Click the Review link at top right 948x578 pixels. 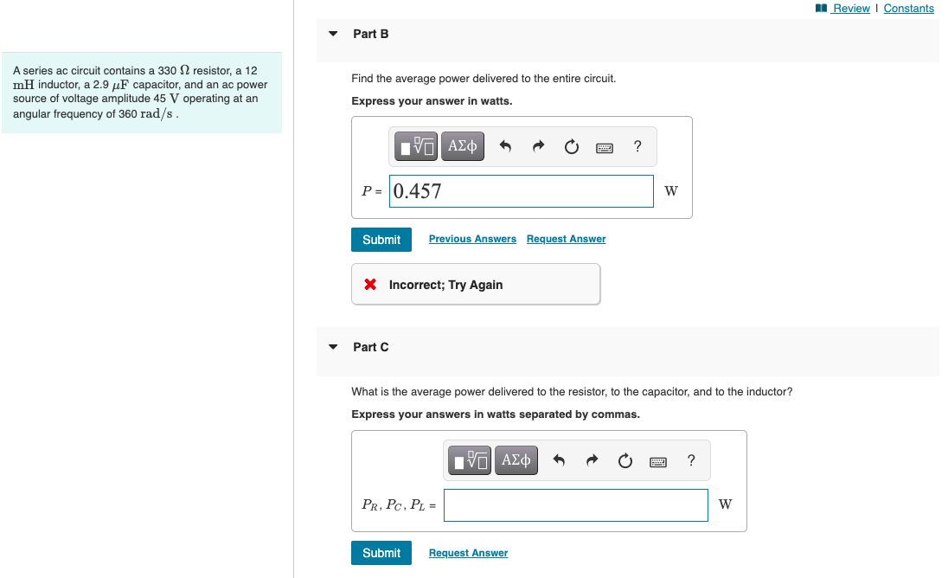pos(851,9)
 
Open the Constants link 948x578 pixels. pos(908,9)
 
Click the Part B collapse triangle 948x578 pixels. pos(333,34)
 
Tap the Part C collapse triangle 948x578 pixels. pos(333,347)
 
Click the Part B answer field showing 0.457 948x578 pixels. pos(522,191)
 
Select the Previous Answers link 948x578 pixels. pos(472,239)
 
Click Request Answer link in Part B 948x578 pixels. pos(566,239)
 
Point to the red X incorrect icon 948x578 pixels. pos(370,285)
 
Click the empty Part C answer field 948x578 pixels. pos(575,505)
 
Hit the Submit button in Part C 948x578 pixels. pos(381,553)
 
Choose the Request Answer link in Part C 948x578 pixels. pos(468,553)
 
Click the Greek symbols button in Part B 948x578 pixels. pos(462,147)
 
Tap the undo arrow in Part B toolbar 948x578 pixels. pos(506,147)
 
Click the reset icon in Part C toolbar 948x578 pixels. pos(625,461)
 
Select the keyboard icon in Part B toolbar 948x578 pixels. pos(605,148)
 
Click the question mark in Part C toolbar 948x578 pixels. pos(690,460)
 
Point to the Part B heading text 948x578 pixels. pos(371,34)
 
